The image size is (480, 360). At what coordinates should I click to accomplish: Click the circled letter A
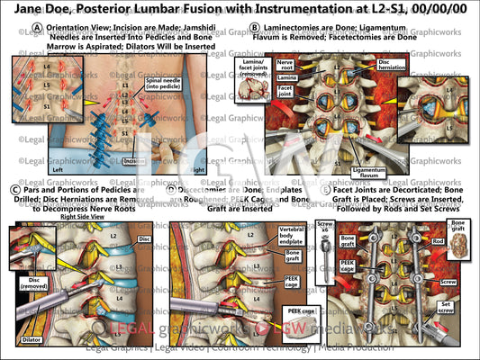click(37, 28)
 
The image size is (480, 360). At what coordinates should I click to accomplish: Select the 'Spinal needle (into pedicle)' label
click(162, 85)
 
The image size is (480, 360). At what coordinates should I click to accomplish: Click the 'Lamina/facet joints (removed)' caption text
click(250, 66)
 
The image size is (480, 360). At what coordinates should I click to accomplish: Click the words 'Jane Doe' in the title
click(37, 9)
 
